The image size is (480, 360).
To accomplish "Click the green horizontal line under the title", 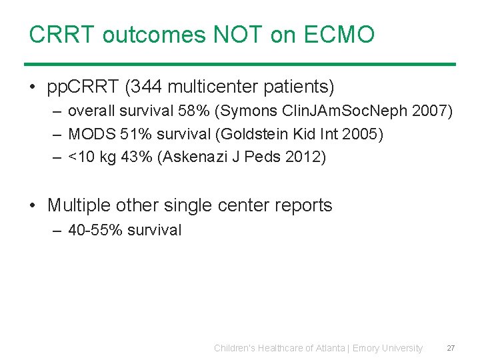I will (x=240, y=65).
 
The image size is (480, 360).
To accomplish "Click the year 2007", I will (x=429, y=111).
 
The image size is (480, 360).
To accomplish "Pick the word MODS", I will (x=92, y=134).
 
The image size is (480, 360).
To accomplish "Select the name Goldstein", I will (x=242, y=134).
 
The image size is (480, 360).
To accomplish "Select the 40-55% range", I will (x=95, y=230).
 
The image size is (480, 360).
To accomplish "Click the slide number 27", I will (x=451, y=348).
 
